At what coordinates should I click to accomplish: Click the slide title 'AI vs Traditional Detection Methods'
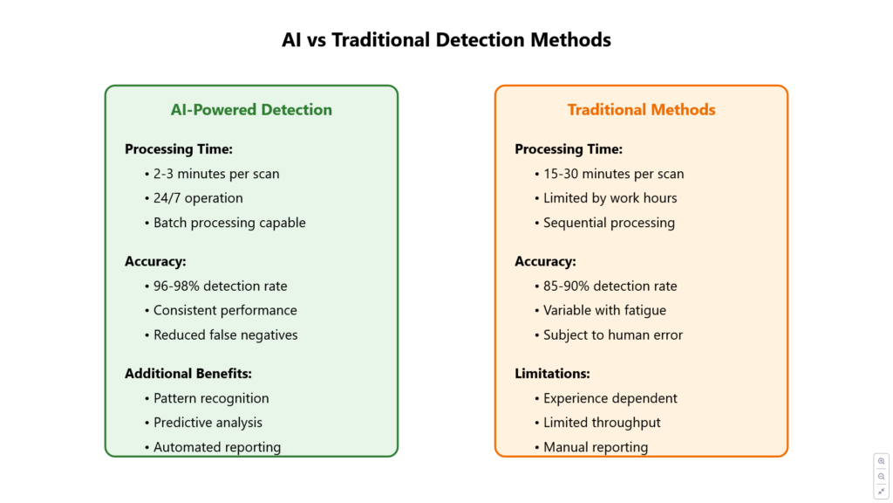click(x=446, y=40)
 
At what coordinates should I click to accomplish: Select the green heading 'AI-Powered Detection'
click(x=251, y=109)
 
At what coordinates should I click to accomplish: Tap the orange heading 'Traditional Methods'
click(x=641, y=109)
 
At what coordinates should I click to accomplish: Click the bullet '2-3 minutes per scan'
click(x=216, y=174)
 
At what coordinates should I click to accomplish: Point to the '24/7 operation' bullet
click(x=198, y=198)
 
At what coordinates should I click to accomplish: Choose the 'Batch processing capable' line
click(x=229, y=223)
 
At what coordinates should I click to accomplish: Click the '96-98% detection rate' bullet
click(x=221, y=286)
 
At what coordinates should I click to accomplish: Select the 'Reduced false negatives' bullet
click(x=226, y=334)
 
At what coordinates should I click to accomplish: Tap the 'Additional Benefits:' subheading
click(x=188, y=374)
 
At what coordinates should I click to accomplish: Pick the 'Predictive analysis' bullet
click(x=208, y=423)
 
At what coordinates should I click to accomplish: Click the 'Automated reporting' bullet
click(x=217, y=447)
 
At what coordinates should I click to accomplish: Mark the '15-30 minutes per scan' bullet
click(x=613, y=174)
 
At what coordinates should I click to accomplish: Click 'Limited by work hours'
click(x=610, y=198)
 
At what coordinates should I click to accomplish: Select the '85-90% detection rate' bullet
click(x=610, y=286)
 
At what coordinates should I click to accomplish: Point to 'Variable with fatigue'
click(x=604, y=310)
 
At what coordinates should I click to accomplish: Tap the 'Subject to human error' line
click(x=613, y=334)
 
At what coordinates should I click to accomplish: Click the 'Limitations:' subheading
click(x=552, y=374)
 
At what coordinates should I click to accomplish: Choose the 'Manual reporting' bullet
click(x=596, y=447)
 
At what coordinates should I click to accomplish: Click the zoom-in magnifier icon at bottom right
click(x=881, y=461)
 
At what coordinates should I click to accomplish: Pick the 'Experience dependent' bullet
click(x=610, y=398)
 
